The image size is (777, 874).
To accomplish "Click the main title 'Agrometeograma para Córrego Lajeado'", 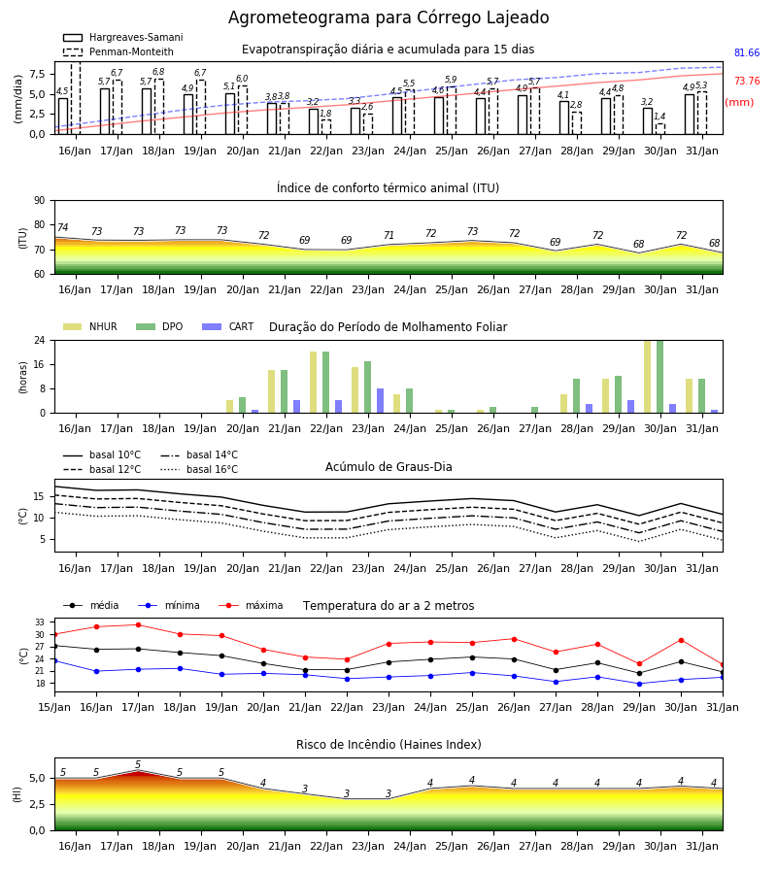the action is [x=388, y=17].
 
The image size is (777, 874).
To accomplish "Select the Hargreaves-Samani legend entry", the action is [x=122, y=37].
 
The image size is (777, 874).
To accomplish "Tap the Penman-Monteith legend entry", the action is [x=118, y=51].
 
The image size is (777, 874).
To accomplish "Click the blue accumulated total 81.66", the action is [x=747, y=53].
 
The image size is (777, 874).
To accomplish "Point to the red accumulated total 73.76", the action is [x=747, y=81].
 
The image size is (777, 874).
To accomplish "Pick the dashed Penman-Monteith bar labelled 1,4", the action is [x=659, y=129].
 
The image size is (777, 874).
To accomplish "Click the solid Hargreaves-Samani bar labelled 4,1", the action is [x=564, y=118].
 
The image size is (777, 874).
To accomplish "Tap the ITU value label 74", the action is [x=62, y=227].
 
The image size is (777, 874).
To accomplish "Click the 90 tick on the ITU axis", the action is [x=40, y=201].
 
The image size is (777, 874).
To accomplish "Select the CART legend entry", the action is [x=228, y=326].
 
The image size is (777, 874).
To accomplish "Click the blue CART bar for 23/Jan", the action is [x=380, y=401].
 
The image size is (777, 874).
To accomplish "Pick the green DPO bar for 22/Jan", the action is [x=326, y=383].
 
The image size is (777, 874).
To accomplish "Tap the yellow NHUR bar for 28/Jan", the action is [x=564, y=404].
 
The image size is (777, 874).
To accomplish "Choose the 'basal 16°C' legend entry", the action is [x=199, y=469].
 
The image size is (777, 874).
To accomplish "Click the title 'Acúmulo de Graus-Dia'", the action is [x=388, y=467].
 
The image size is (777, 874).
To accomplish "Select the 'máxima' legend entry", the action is [x=252, y=605].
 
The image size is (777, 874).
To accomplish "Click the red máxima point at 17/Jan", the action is [x=138, y=624].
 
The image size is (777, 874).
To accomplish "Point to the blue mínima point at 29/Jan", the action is [x=639, y=684].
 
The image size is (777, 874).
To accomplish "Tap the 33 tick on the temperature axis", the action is [x=40, y=622].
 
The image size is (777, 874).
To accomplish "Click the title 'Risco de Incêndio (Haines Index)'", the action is [x=388, y=745].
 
